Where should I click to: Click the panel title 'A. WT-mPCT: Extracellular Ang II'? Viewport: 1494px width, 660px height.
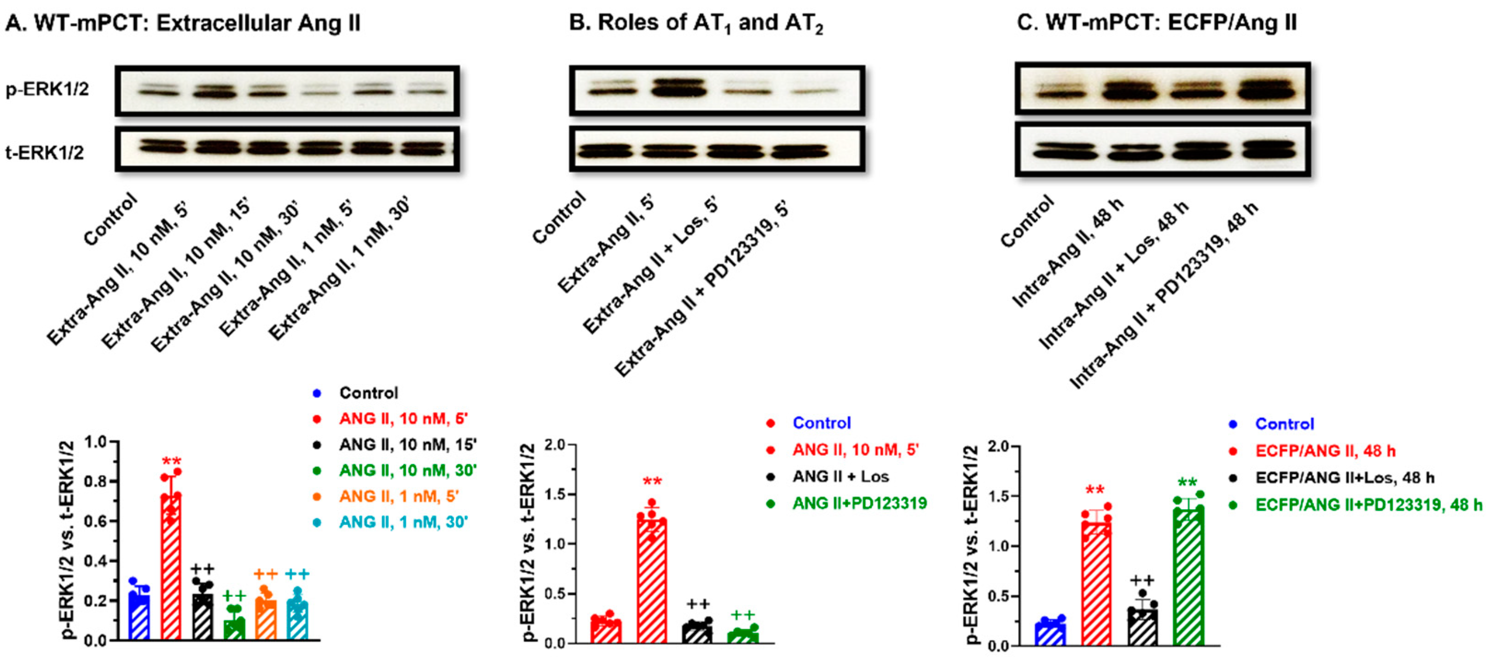pos(183,23)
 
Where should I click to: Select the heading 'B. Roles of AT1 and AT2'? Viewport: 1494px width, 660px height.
pos(696,23)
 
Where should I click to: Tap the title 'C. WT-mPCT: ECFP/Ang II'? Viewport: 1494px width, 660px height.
pos(1157,23)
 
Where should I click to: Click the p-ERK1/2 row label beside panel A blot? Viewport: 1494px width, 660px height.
pos(47,89)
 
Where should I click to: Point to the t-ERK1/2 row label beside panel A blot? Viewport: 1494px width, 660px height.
pos(45,152)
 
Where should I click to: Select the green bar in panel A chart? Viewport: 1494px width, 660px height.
pos(234,629)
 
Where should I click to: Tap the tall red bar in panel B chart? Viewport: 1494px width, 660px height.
pos(652,580)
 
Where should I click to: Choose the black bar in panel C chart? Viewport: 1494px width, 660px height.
pos(1142,626)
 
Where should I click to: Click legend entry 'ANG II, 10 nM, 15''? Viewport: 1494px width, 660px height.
pos(408,445)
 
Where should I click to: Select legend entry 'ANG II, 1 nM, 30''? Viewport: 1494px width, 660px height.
pos(403,522)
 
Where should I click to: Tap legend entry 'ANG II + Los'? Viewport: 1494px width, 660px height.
pos(840,477)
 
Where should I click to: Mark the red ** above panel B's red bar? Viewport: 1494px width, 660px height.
pos(652,482)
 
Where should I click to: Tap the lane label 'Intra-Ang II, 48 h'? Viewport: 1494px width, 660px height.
pos(1067,252)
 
